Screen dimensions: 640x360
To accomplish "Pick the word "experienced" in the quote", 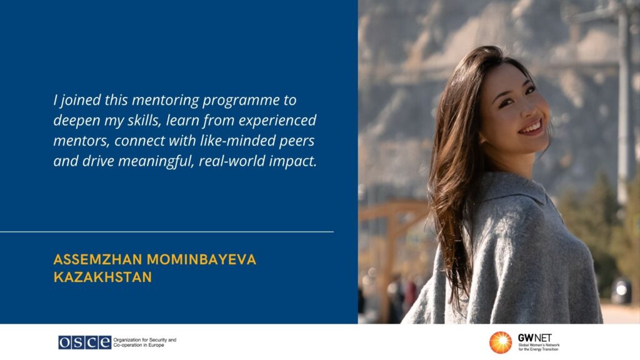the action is (x=277, y=121).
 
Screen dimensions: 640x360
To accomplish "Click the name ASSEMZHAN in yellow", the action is (x=97, y=259).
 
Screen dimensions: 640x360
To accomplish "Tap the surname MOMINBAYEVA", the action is (x=201, y=259).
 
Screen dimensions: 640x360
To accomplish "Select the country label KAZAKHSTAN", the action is (x=102, y=277).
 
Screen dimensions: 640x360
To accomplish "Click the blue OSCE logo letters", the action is (x=84, y=342).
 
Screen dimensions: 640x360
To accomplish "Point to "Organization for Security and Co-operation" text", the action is (x=145, y=342).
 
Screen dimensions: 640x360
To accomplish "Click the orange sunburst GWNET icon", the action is (x=501, y=342).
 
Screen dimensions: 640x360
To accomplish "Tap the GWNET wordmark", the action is (x=535, y=338).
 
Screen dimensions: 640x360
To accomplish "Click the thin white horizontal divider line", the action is (x=166, y=232).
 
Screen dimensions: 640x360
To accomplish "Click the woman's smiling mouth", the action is (x=531, y=127).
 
